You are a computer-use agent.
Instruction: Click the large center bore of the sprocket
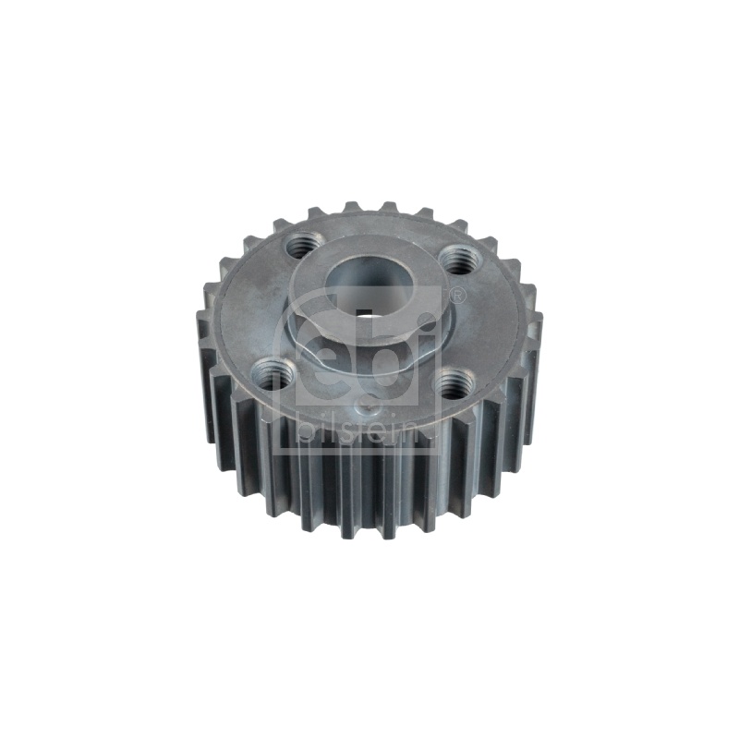(x=369, y=287)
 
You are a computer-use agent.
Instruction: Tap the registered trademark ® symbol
(x=456, y=296)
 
